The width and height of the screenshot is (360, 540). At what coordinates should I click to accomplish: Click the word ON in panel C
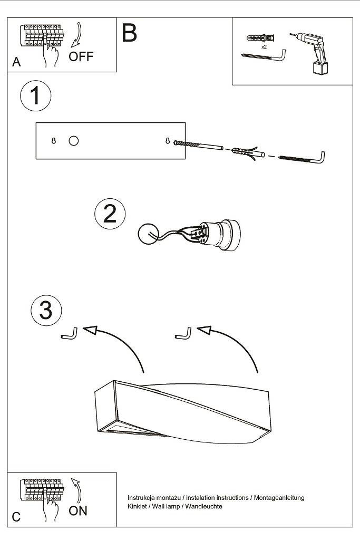pyautogui.click(x=78, y=510)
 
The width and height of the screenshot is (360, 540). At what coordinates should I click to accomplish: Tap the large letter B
pyautogui.click(x=129, y=33)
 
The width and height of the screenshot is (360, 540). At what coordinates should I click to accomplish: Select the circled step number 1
pyautogui.click(x=35, y=97)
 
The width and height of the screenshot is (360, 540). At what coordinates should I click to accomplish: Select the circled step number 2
pyautogui.click(x=110, y=214)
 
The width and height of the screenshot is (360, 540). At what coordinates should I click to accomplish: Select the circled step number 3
pyautogui.click(x=46, y=310)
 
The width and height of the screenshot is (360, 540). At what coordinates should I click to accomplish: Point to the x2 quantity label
pyautogui.click(x=264, y=47)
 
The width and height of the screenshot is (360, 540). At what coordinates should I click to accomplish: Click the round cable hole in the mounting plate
pyautogui.click(x=74, y=140)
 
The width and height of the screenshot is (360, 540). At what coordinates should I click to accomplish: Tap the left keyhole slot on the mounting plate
pyautogui.click(x=54, y=141)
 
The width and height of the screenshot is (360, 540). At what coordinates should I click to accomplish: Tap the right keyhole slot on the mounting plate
pyautogui.click(x=168, y=141)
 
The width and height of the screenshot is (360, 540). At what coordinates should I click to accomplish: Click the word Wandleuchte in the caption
pyautogui.click(x=205, y=506)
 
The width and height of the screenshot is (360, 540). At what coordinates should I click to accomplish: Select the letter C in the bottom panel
pyautogui.click(x=16, y=517)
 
